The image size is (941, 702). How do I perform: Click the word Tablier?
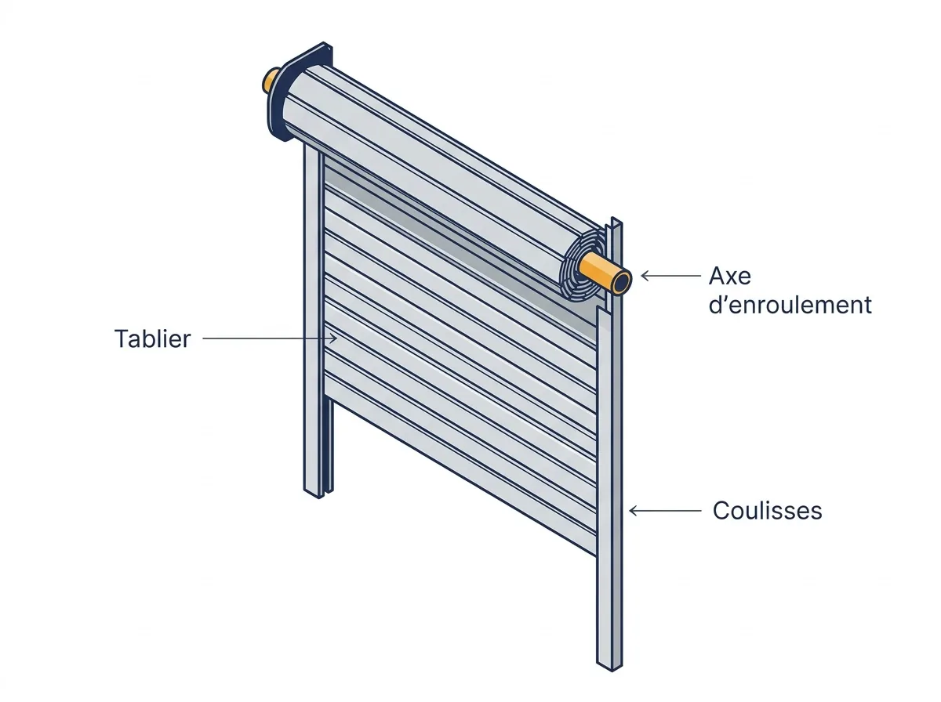[152, 338]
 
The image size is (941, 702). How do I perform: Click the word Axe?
[729, 277]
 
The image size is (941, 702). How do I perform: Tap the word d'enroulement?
[790, 305]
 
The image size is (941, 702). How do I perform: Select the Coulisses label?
[768, 511]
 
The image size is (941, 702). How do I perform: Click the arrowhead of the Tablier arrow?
[334, 338]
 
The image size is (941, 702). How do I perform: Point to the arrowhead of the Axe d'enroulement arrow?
[645, 276]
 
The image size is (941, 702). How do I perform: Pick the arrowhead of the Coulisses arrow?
[633, 511]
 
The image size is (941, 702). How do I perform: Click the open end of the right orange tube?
[621, 282]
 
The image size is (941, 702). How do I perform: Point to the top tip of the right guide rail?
[613, 218]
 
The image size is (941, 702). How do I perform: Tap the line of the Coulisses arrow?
[665, 511]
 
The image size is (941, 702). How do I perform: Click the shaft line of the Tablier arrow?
[270, 338]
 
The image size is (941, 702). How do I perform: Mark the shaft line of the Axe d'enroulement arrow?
[671, 276]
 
